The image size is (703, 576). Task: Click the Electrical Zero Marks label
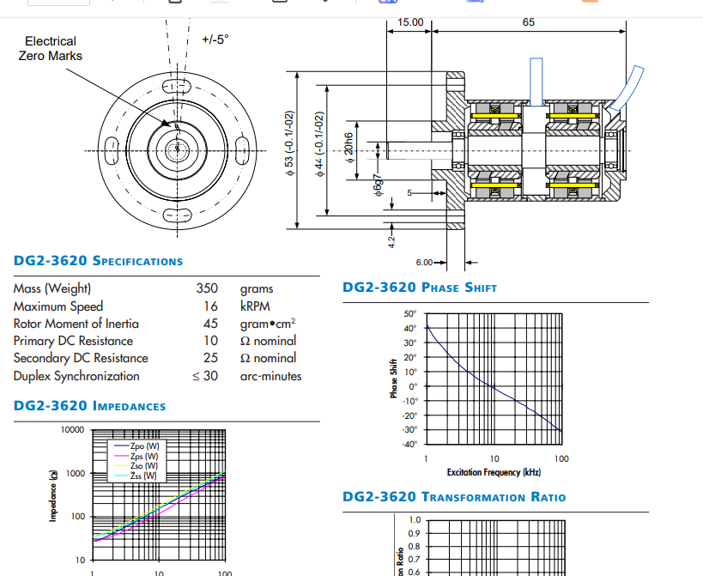point(51,48)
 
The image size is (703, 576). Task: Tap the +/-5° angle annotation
point(215,39)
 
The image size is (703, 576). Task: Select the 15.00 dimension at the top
point(410,22)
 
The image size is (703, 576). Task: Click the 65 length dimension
point(529,22)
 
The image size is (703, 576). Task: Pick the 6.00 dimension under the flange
point(425,262)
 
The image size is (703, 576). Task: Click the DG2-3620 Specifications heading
point(98,261)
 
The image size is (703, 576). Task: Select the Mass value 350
point(207,288)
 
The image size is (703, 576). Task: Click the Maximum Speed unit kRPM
point(257,306)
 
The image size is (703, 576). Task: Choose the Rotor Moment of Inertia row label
point(76,324)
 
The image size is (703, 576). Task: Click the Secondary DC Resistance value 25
point(210,358)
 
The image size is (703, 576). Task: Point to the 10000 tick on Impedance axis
point(72,429)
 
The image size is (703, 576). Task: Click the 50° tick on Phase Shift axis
point(409,314)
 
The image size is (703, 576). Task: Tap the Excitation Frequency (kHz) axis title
point(494,473)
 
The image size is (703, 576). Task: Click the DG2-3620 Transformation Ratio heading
point(454,497)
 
